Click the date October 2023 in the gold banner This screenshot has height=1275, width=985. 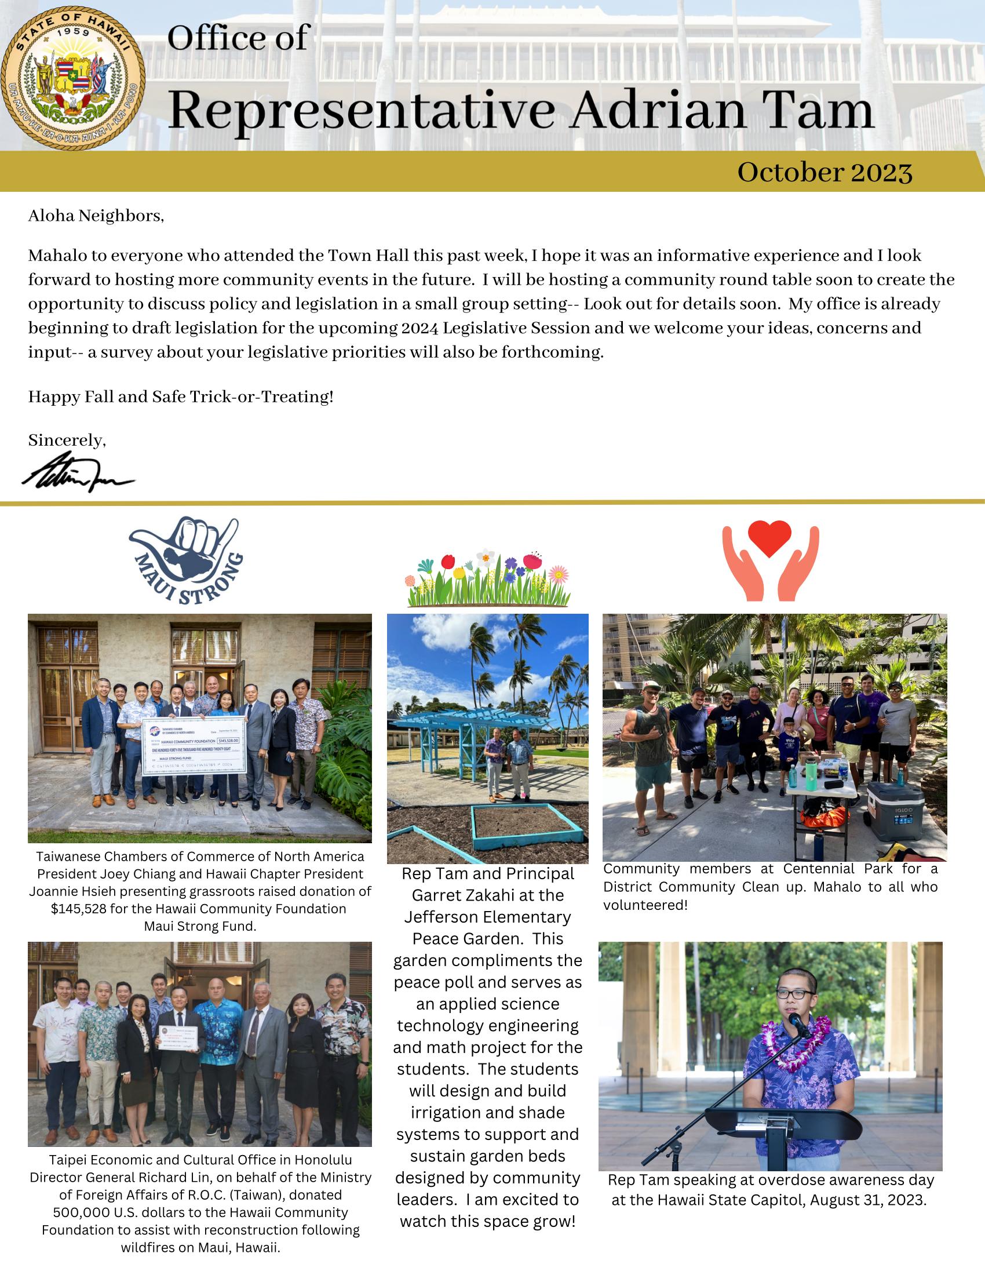point(825,172)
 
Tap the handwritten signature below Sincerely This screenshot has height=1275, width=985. point(78,473)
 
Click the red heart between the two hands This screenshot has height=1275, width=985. point(769,537)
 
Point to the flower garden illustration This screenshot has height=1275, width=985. point(488,578)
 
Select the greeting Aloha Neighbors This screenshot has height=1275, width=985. point(96,217)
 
